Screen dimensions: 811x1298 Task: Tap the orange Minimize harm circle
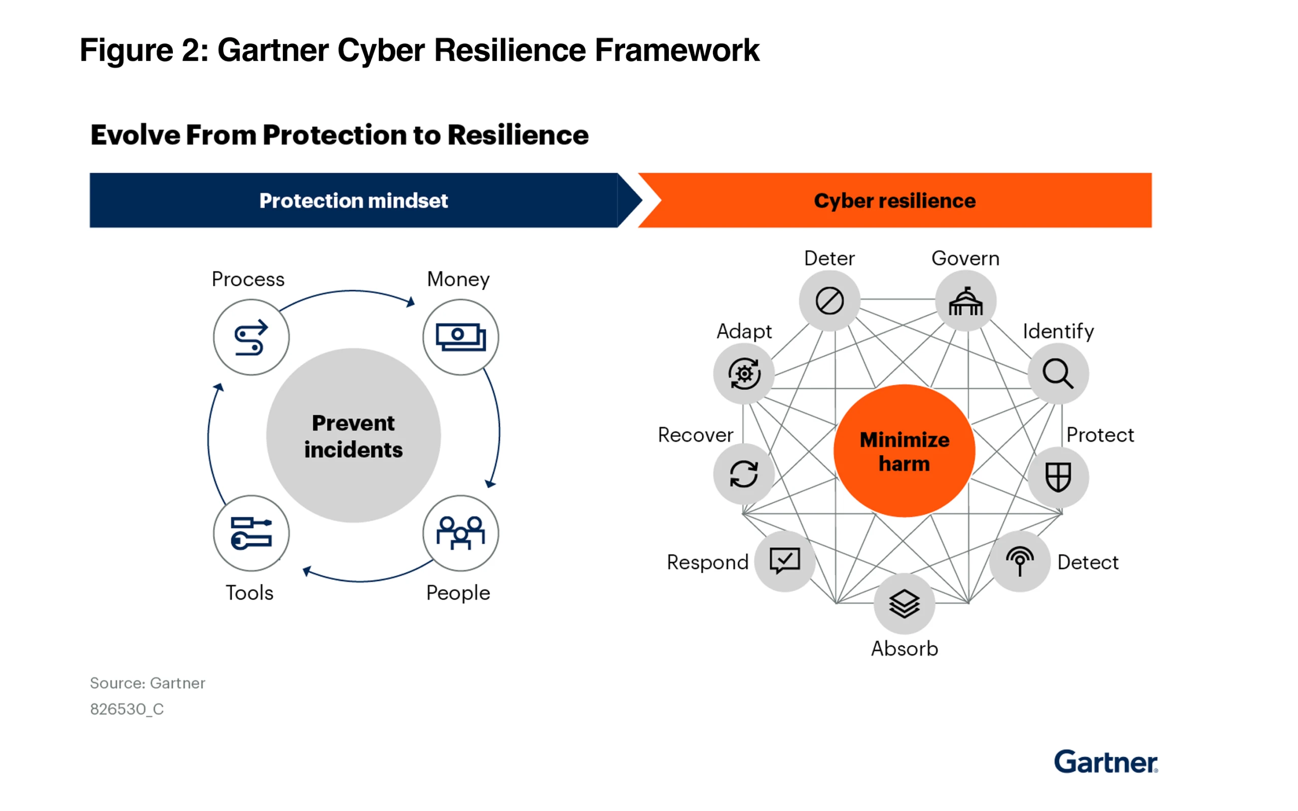[905, 451]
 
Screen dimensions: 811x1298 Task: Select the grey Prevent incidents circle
[353, 435]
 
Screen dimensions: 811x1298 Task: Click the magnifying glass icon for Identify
[1058, 374]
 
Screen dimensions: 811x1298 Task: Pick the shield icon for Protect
[1058, 477]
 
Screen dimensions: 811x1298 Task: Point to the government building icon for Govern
[965, 301]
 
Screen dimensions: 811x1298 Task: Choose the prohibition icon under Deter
[829, 301]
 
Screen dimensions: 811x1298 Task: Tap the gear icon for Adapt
[744, 374]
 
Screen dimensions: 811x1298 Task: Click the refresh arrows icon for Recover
[744, 474]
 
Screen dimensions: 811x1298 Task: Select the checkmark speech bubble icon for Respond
[785, 561]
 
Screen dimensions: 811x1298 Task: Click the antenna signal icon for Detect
[1020, 561]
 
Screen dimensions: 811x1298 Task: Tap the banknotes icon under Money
[460, 337]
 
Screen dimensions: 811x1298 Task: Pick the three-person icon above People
[460, 533]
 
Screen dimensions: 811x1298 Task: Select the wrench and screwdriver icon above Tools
[251, 533]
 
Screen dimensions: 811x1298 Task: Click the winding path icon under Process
[251, 337]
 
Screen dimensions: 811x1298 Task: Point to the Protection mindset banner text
[353, 201]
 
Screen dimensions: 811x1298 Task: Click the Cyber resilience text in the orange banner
[894, 201]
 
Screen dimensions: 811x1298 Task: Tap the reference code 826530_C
[127, 709]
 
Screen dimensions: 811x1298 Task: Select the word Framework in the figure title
[677, 50]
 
